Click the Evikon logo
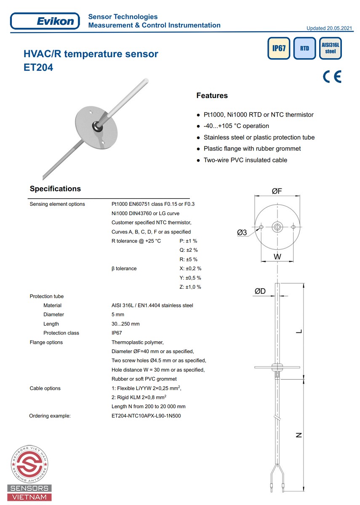click(45, 21)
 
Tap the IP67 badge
click(279, 48)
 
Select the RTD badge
click(304, 48)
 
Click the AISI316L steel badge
click(331, 48)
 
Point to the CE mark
click(332, 77)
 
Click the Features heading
click(212, 96)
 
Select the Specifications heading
click(55, 189)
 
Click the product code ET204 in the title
click(38, 67)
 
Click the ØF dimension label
click(277, 191)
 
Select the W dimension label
click(277, 256)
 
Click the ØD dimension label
click(260, 291)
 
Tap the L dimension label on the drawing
click(299, 331)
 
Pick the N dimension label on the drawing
click(299, 435)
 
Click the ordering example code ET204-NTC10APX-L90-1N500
click(146, 416)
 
